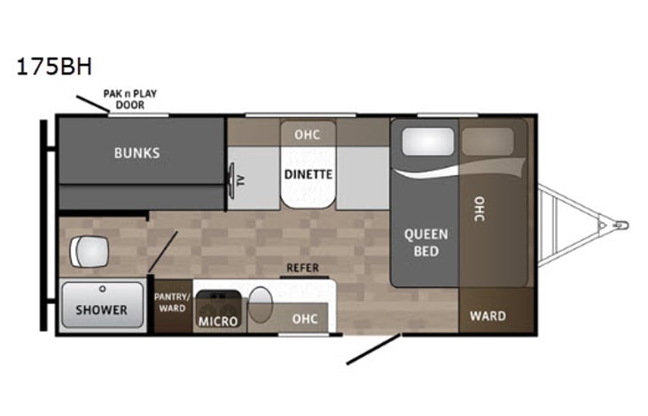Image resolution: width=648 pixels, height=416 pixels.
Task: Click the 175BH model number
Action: point(54,67)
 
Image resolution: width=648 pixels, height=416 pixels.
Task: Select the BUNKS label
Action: point(137,153)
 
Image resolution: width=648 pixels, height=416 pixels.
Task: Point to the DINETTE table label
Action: point(308,174)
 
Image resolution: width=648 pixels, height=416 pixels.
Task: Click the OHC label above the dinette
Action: point(307,135)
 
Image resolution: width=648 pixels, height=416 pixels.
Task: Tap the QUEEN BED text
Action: point(426,243)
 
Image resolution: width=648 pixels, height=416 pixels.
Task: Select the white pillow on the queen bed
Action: point(427,142)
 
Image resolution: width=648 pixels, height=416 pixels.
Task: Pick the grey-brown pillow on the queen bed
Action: point(488,141)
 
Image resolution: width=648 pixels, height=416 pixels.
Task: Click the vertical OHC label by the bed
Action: point(479,208)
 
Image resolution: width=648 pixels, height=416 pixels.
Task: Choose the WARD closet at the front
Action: point(488,316)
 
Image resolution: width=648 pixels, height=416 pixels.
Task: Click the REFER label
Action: point(302,268)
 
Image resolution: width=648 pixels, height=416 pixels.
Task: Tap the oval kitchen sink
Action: point(260,304)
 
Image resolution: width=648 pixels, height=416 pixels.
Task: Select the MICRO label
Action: point(217,321)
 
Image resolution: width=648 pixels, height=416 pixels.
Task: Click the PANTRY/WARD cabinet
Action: point(171,302)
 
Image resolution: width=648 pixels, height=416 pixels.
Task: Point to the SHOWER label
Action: point(101,310)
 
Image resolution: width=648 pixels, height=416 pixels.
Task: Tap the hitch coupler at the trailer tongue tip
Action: point(620,225)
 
